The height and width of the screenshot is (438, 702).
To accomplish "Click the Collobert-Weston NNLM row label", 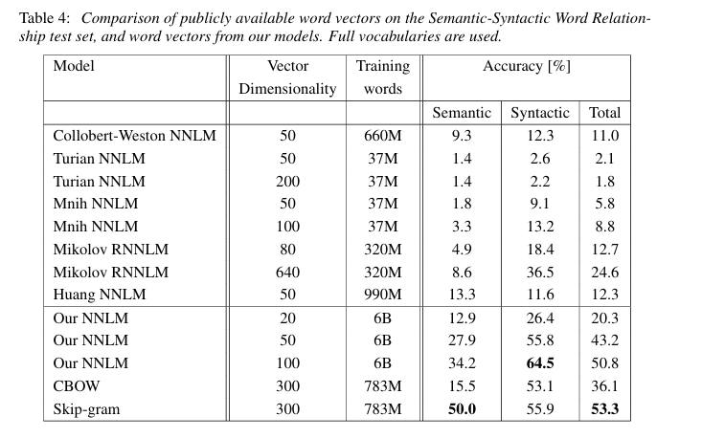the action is pyautogui.click(x=134, y=136).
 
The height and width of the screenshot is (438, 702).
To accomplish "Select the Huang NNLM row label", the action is pyautogui.click(x=100, y=295).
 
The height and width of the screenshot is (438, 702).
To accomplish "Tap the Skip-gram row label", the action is pyautogui.click(x=86, y=409).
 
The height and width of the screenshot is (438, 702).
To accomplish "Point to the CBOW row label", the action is pyautogui.click(x=76, y=385).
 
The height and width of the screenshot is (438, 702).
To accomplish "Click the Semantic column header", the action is pyautogui.click(x=462, y=113).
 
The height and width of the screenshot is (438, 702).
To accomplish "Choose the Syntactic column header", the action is pyautogui.click(x=540, y=113).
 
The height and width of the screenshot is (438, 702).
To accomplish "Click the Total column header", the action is pyautogui.click(x=605, y=113).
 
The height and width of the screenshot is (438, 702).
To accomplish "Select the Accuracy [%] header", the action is pyautogui.click(x=527, y=66).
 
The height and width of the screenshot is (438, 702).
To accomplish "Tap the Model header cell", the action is pyautogui.click(x=74, y=66).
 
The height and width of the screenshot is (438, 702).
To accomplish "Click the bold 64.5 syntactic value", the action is pyautogui.click(x=540, y=362).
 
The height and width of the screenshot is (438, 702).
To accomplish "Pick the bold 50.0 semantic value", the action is pyautogui.click(x=462, y=409).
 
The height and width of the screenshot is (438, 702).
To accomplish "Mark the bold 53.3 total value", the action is pyautogui.click(x=605, y=409).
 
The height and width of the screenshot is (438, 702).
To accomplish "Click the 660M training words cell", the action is pyautogui.click(x=383, y=136).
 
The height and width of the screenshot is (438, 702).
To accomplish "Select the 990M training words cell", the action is pyautogui.click(x=383, y=295).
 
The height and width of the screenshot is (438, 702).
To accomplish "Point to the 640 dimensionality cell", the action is pyautogui.click(x=287, y=273).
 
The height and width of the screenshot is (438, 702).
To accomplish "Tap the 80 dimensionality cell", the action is pyautogui.click(x=287, y=249).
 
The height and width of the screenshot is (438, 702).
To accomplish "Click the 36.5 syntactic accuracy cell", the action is pyautogui.click(x=540, y=273).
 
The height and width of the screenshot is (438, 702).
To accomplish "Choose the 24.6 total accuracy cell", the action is pyautogui.click(x=605, y=273).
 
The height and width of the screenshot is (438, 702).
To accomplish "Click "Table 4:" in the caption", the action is pyautogui.click(x=45, y=18).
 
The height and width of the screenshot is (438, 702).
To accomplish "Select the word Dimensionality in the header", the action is pyautogui.click(x=287, y=89).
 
